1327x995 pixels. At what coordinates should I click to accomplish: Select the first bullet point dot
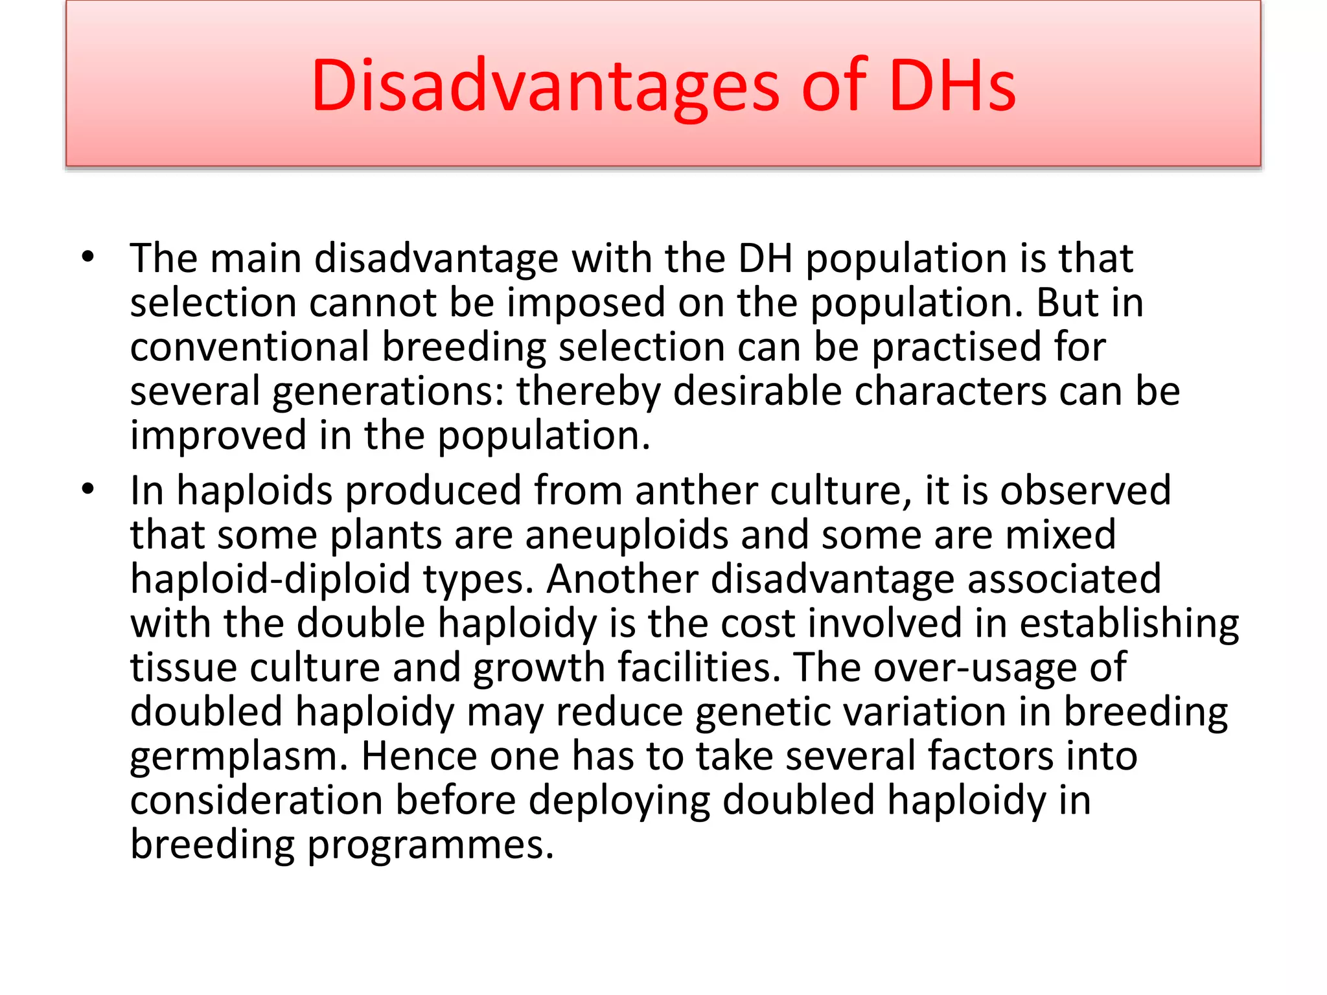[88, 257]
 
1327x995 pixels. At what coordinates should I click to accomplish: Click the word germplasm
[239, 757]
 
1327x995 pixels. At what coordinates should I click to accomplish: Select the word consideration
[257, 800]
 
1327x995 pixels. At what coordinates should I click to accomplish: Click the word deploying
[619, 801]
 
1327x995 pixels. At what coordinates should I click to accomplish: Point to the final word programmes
[430, 845]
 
